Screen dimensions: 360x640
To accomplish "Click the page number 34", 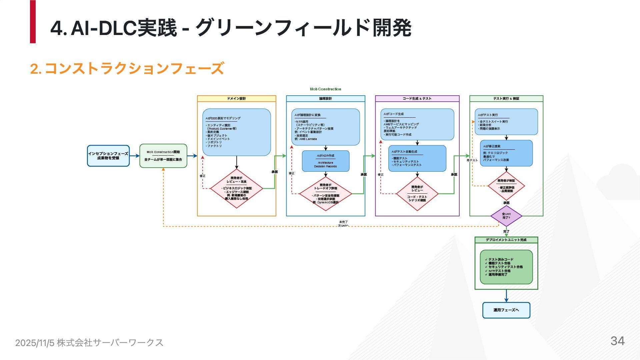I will (x=617, y=341).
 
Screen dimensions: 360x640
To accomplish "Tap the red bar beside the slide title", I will (x=33, y=22).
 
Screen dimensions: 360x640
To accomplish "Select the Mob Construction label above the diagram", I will (x=325, y=89).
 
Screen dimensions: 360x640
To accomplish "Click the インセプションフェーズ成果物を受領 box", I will (x=108, y=156).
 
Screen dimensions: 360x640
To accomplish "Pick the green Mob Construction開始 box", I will (x=163, y=156).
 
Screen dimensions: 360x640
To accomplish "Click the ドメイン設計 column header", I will (x=236, y=99).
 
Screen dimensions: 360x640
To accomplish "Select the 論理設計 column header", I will (x=325, y=99).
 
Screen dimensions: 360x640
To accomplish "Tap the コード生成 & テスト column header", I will (x=417, y=99).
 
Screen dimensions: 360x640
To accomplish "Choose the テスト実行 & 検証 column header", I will (x=506, y=99).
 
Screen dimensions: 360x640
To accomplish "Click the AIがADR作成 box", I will (x=325, y=161).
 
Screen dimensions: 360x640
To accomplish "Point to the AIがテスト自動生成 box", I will (x=417, y=158).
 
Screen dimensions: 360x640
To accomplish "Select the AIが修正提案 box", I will (x=506, y=153).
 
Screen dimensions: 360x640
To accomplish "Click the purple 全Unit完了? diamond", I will (x=506, y=216).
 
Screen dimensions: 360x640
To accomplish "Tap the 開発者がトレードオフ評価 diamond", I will (x=325, y=194).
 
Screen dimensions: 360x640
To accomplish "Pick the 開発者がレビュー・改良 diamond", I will (x=236, y=188).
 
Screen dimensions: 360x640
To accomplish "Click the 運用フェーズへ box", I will (x=506, y=310).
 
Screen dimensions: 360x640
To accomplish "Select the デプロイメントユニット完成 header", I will (x=506, y=240).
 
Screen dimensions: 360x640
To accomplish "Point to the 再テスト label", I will (x=472, y=160).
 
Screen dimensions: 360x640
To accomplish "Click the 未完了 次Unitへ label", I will (x=343, y=224).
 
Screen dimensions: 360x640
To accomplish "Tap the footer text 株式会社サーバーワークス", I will (x=110, y=342).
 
